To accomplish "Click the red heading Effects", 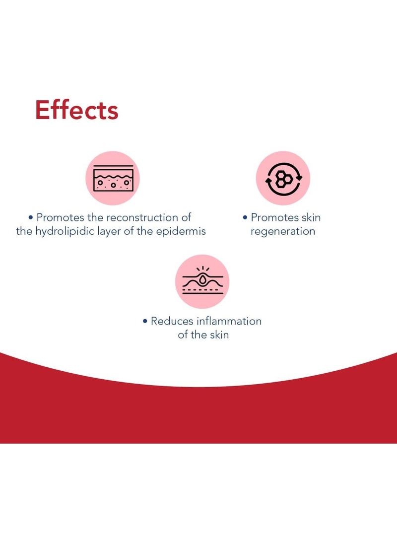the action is [x=76, y=110].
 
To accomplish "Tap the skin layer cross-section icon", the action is [x=113, y=178].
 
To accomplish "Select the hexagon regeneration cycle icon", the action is [x=283, y=178].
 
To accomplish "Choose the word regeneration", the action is [x=283, y=231].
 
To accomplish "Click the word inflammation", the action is [x=229, y=321].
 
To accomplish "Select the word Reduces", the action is [x=172, y=321].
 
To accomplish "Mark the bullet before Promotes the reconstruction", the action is [x=31, y=217].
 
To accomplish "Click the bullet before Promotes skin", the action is [x=245, y=217].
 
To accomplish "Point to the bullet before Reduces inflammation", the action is [x=145, y=321].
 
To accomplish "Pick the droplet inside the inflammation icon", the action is [x=203, y=278].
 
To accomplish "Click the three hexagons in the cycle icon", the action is [x=283, y=178].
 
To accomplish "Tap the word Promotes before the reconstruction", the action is [x=61, y=217].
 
